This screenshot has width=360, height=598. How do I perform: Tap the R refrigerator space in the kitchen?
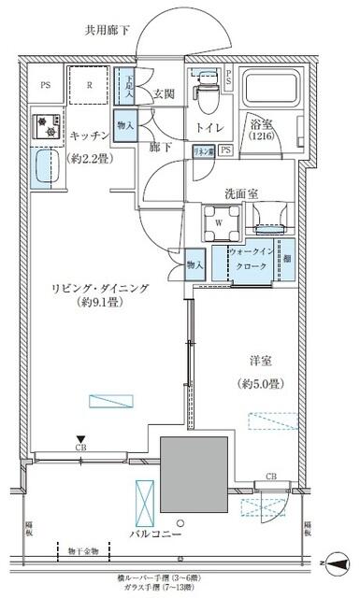[x=88, y=84]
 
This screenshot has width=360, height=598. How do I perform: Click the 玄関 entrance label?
[x=165, y=93]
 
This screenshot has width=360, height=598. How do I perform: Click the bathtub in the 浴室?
[x=266, y=90]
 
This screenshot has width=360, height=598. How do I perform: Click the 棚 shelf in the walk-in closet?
[x=287, y=259]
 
